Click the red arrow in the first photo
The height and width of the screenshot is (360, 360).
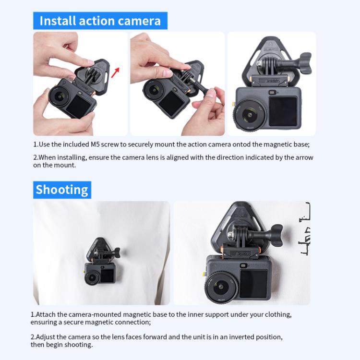pyautogui.click(x=115, y=72)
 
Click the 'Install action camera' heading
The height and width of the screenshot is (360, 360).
pyautogui.click(x=100, y=21)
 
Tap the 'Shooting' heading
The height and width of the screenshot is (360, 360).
pyautogui.click(x=62, y=190)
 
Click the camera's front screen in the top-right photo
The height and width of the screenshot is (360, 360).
pyautogui.click(x=283, y=111)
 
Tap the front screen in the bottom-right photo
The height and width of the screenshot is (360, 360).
pyautogui.click(x=254, y=283)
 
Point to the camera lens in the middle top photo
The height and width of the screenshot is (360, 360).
pyautogui.click(x=155, y=90)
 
